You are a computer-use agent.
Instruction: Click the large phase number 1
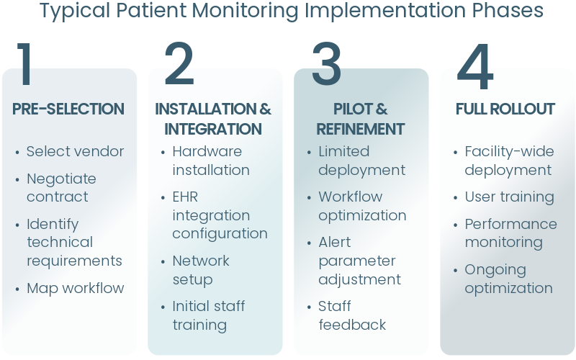click(26, 64)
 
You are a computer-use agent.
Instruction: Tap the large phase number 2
click(179, 64)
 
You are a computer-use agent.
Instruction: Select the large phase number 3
click(326, 64)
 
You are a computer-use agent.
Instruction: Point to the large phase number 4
click(475, 67)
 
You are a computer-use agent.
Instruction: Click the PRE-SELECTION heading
click(68, 109)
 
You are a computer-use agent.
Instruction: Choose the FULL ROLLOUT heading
click(505, 109)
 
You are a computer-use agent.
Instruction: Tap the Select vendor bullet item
click(75, 151)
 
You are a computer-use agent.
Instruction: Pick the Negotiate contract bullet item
click(61, 187)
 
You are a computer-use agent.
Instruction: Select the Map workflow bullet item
click(75, 288)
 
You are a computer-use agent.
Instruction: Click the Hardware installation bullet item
click(211, 161)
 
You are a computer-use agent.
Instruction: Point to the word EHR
click(185, 197)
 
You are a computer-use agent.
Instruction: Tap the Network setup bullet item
click(201, 269)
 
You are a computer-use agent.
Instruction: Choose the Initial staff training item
click(208, 315)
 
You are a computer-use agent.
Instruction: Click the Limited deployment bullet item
click(361, 161)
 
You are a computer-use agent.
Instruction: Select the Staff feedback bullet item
click(352, 315)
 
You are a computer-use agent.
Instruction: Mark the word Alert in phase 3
click(335, 242)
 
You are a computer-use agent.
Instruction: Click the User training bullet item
click(509, 197)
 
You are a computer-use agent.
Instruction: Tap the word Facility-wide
click(509, 151)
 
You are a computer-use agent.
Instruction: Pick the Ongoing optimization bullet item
click(508, 279)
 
